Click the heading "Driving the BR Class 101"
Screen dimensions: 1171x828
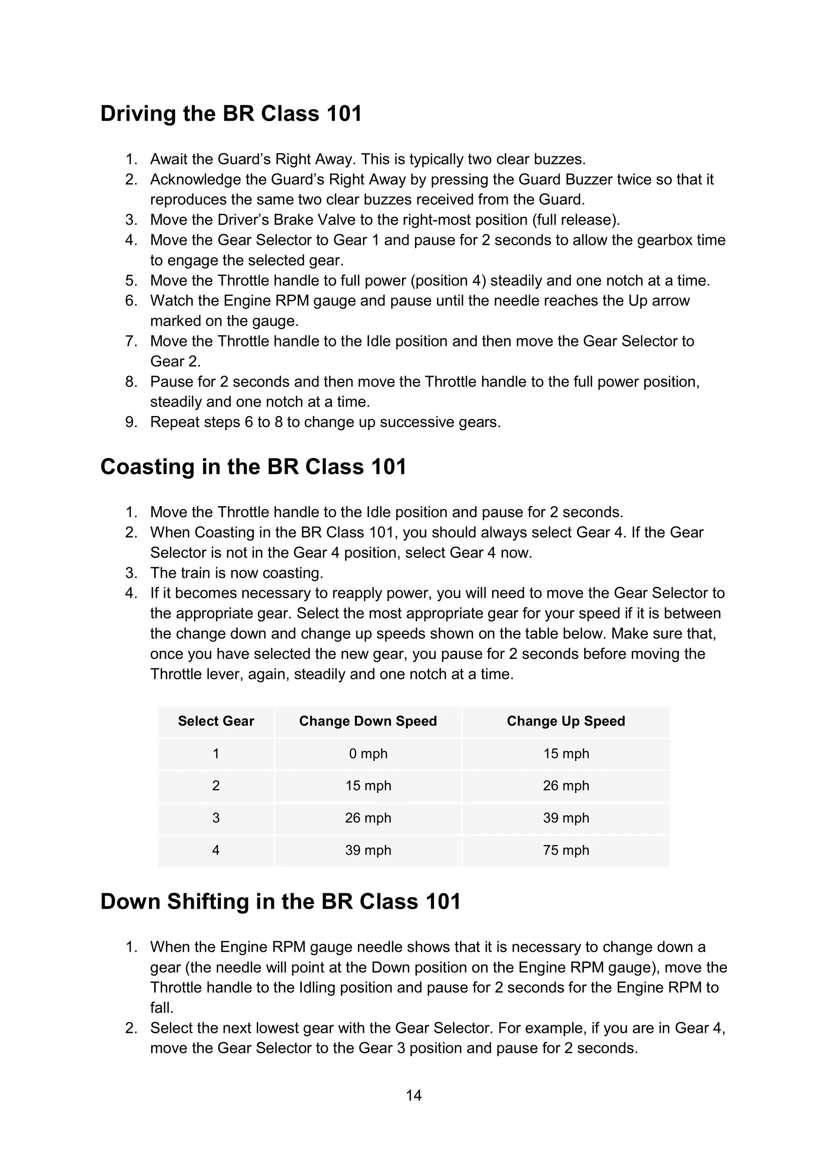(231, 113)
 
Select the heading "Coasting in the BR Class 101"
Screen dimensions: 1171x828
(253, 467)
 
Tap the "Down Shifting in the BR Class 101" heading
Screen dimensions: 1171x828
(280, 901)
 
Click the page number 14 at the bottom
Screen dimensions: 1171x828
(413, 1095)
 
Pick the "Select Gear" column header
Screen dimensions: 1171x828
(216, 720)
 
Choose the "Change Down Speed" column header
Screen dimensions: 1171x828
(367, 720)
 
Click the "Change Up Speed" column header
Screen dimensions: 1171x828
(565, 720)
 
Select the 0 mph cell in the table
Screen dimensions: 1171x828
(367, 753)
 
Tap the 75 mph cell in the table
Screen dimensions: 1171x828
(565, 850)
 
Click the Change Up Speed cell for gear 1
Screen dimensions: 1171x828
(565, 753)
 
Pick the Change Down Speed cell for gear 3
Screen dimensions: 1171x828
(367, 818)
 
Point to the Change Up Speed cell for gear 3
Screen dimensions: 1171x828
(565, 818)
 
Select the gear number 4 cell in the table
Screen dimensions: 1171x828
(216, 850)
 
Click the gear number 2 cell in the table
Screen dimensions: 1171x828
(216, 786)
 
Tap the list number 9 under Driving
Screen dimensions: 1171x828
(131, 423)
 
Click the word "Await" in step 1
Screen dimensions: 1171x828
(169, 159)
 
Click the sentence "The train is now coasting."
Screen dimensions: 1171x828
(237, 573)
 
